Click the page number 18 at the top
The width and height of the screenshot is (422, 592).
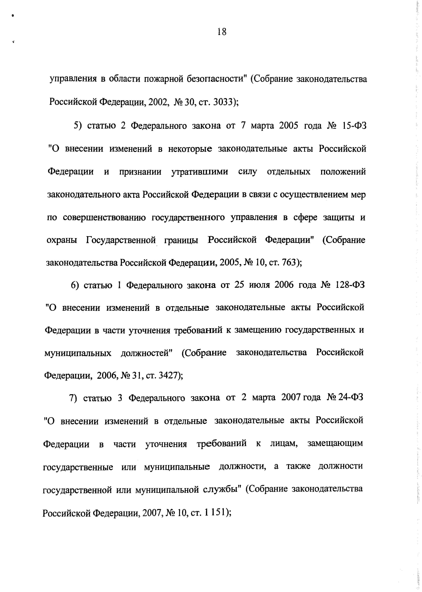(222, 32)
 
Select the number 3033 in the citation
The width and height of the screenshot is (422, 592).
(222, 102)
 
